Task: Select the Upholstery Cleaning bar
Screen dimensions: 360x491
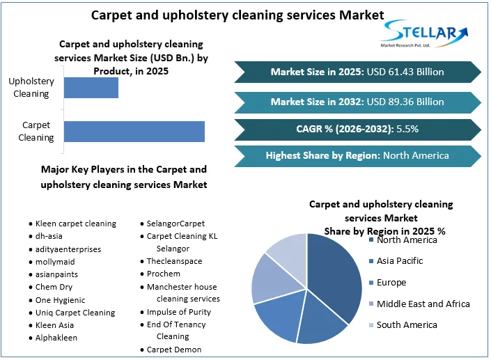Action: tap(91, 88)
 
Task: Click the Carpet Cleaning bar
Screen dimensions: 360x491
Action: tap(134, 132)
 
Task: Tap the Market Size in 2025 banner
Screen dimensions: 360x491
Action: tap(357, 72)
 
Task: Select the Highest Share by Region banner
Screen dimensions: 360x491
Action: tap(357, 155)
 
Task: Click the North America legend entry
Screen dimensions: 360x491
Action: tap(407, 240)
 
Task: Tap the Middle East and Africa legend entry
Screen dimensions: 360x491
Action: tap(423, 304)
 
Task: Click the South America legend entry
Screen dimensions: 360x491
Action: tap(407, 324)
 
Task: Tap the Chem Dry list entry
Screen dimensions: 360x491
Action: tap(54, 287)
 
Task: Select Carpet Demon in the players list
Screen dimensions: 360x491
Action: tap(174, 350)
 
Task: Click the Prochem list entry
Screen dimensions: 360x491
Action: tap(163, 274)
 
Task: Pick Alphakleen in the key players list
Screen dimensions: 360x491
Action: tap(56, 338)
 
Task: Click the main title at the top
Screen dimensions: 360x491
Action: tap(237, 14)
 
